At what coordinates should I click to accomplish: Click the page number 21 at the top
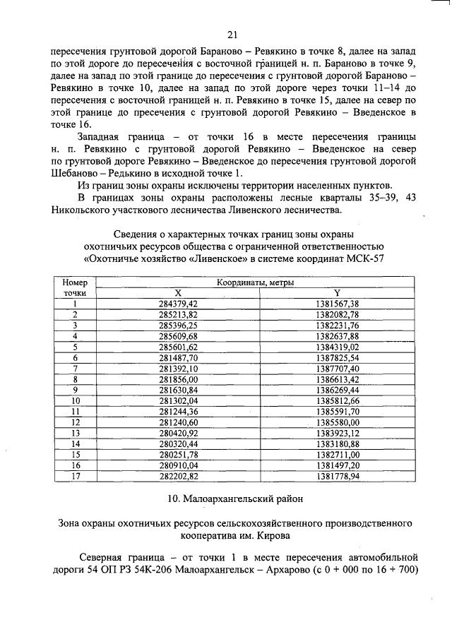pyautogui.click(x=232, y=35)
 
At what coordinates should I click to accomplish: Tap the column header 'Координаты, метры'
pyautogui.click(x=256, y=282)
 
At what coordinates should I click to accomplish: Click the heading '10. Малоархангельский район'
pyautogui.click(x=232, y=499)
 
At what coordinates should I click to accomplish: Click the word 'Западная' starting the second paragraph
pyautogui.click(x=101, y=135)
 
